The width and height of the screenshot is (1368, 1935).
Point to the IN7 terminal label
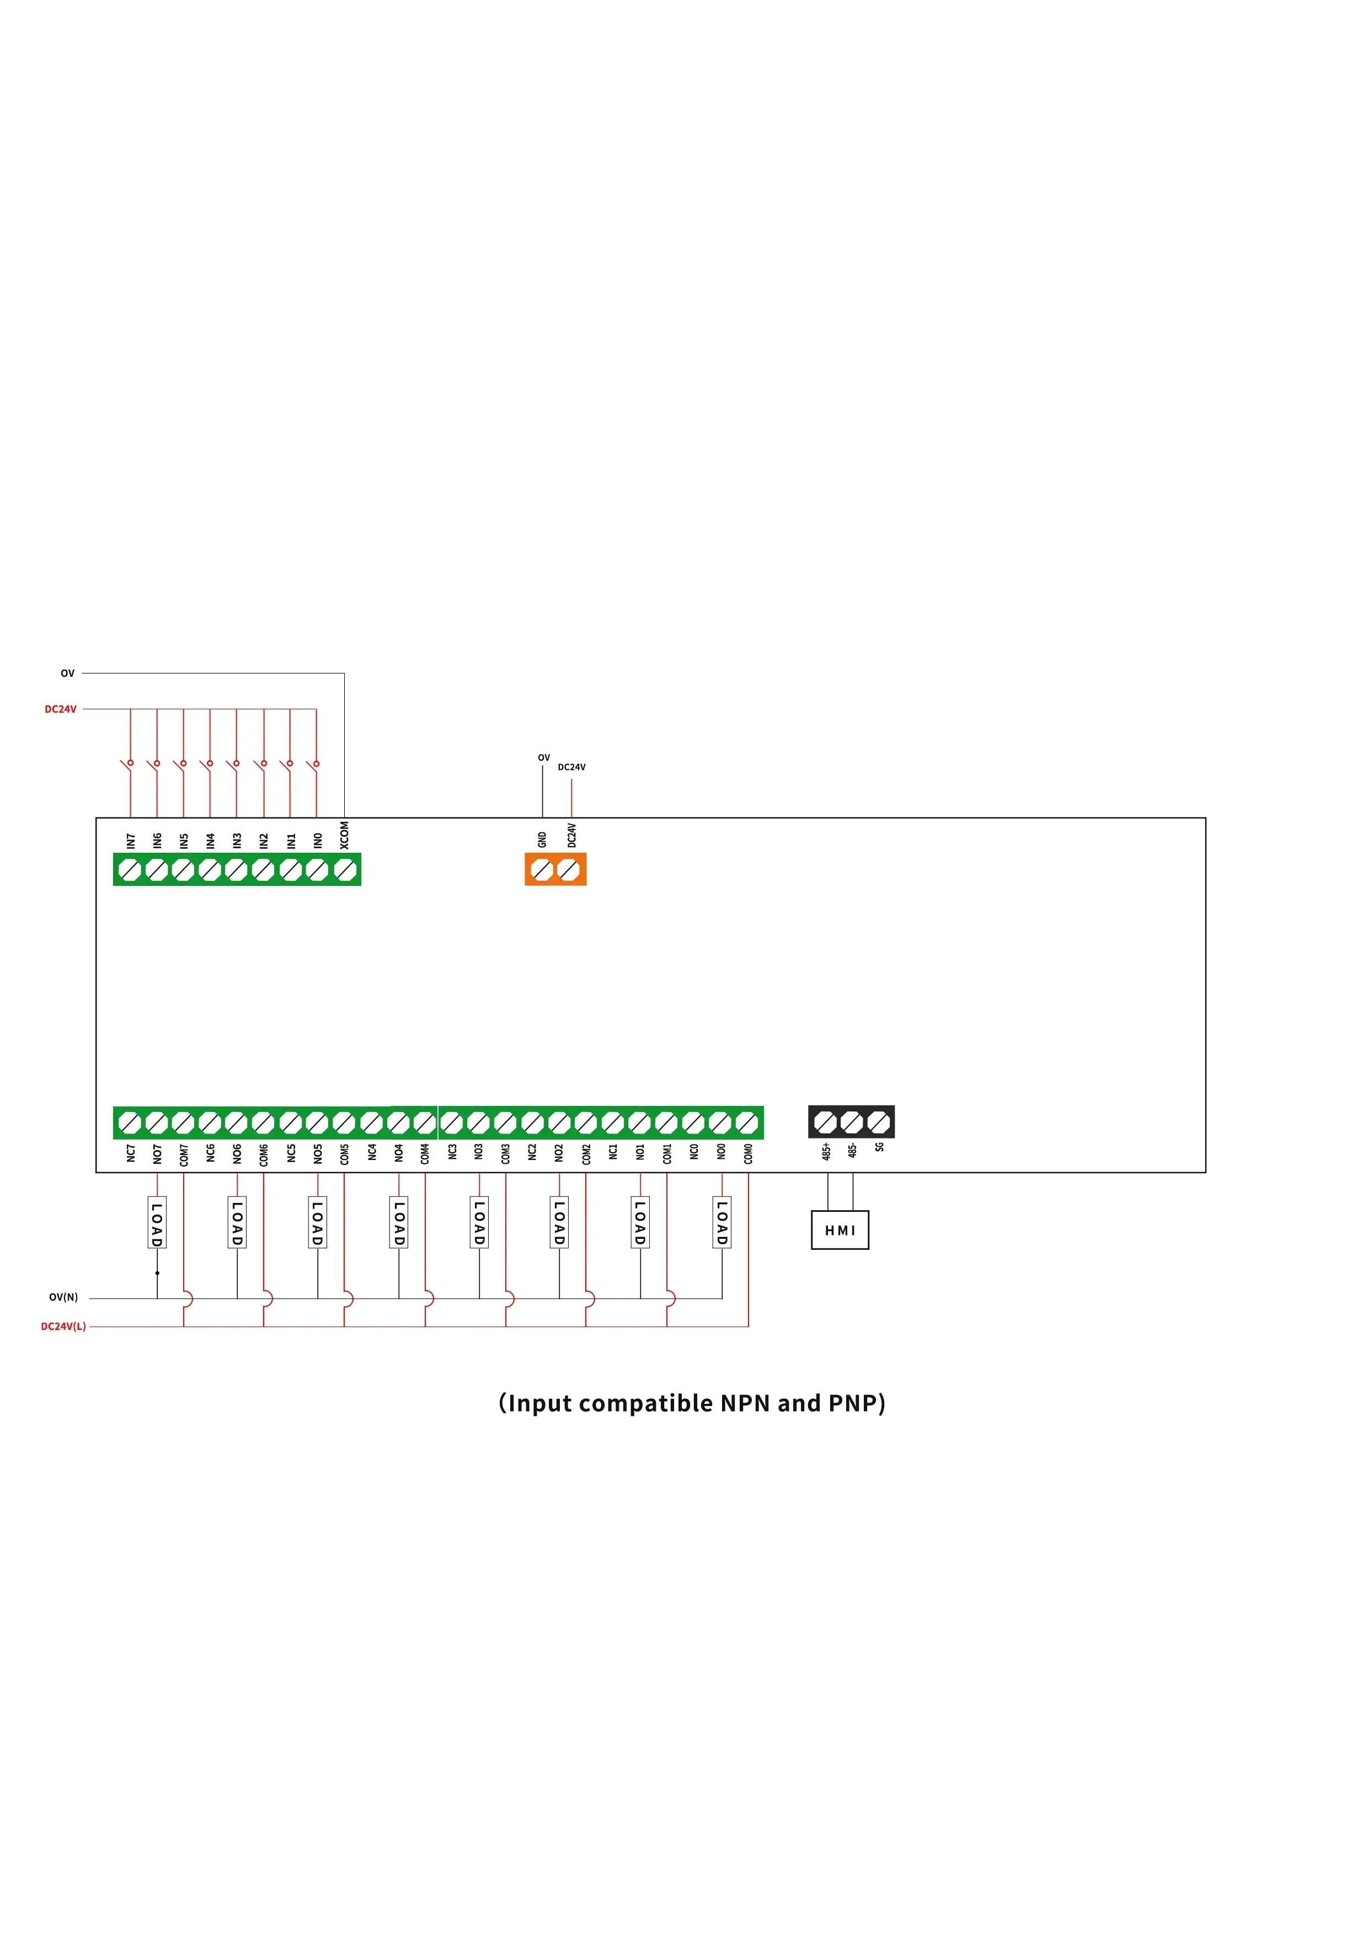point(131,840)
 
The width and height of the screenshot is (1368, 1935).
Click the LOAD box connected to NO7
point(157,1223)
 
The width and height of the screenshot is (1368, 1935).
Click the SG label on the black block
point(879,1147)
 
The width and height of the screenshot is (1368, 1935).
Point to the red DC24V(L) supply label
point(63,1327)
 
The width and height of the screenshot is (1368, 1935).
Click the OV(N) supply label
point(63,1297)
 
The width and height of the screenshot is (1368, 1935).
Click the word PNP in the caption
point(854,1403)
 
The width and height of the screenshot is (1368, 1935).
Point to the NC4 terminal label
point(372,1152)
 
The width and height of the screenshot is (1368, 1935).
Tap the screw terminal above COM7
point(183,1122)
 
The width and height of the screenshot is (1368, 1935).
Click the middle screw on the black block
point(852,1122)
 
